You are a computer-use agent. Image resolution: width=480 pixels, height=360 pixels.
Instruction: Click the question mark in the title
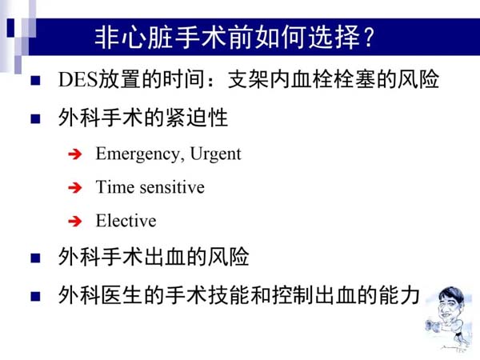pos(370,37)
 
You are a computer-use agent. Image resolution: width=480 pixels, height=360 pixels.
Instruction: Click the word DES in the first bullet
pos(78,79)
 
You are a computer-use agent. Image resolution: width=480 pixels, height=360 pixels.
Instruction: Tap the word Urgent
pos(215,154)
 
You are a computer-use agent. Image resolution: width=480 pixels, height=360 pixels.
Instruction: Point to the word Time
pos(115,186)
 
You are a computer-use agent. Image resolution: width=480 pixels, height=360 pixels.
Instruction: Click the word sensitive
pos(172,187)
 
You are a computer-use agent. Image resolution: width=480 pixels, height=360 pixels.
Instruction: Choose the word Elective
pos(126,221)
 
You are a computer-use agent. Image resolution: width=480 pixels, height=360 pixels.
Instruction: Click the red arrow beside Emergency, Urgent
pos(75,154)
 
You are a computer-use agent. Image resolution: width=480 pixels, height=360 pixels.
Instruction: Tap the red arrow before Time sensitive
pos(75,188)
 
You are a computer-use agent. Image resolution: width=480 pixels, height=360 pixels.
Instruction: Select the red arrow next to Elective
pos(75,221)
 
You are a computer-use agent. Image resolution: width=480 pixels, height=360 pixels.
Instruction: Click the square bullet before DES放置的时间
pos(35,81)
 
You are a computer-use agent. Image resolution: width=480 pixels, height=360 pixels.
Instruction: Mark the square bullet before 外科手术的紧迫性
pos(35,118)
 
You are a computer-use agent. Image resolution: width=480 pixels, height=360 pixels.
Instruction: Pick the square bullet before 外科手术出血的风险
pos(35,258)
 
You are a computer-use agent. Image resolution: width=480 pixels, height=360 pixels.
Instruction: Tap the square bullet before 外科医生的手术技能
pos(35,296)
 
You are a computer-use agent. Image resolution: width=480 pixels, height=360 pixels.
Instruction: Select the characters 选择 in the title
pos(334,37)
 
